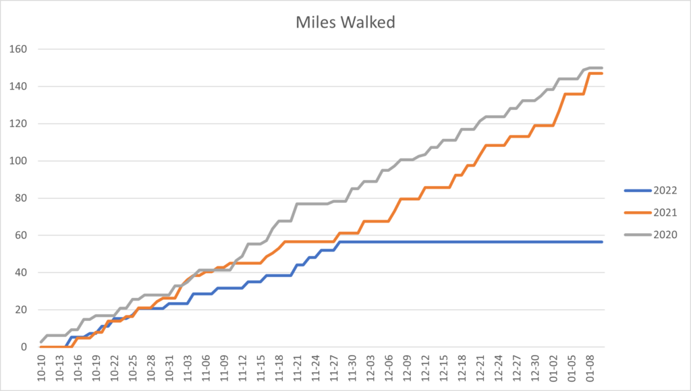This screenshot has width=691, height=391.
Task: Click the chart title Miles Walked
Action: tap(345, 22)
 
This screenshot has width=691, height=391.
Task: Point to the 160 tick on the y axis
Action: tap(17, 49)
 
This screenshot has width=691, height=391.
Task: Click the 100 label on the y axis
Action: tap(17, 160)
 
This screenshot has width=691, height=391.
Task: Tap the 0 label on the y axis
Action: tap(22, 347)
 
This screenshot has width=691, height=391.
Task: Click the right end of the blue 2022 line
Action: tap(601, 241)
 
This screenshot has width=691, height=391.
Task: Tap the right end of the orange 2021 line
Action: tap(601, 73)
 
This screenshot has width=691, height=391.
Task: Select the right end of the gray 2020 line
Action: tap(601, 67)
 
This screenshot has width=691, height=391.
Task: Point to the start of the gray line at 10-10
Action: tap(41, 342)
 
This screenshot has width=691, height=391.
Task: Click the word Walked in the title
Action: tap(373, 22)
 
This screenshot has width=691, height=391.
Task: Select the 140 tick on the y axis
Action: tap(17, 86)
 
